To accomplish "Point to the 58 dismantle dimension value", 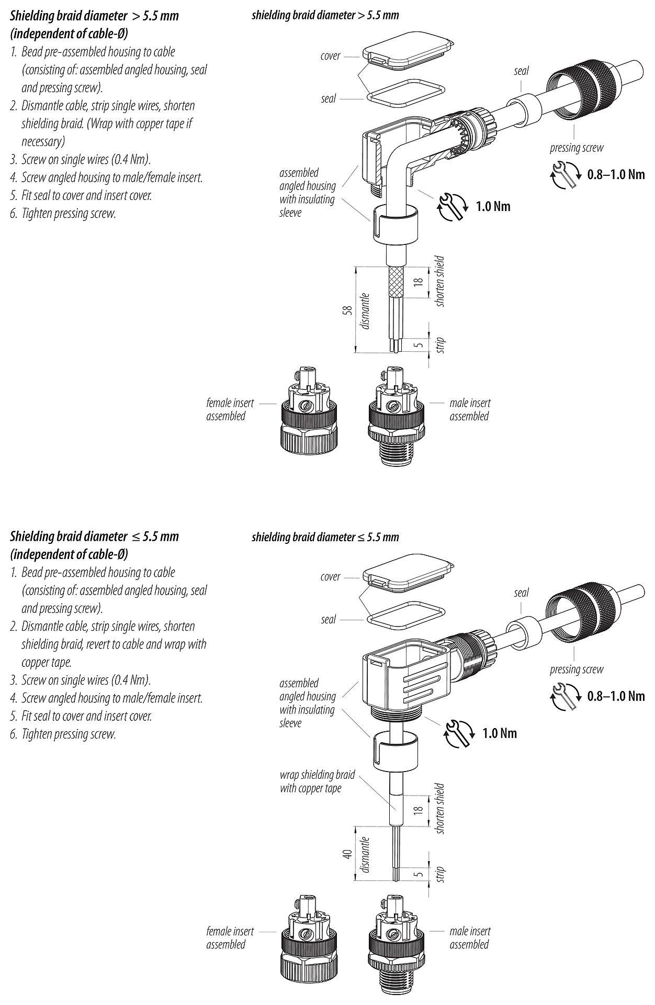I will pos(346,310).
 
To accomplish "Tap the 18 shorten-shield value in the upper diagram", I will pos(418,282).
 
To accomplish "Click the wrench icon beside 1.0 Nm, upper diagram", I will pos(453,206).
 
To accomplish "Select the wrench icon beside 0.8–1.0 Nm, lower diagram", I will pos(564,696).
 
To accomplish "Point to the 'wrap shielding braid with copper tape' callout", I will pos(317,781).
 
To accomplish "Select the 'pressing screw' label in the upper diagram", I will pos(576,148).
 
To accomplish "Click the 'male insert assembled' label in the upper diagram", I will pos(469,409).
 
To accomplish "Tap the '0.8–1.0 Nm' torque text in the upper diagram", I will pos(616,174).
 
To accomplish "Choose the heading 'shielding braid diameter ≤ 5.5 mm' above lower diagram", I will pos(325,537).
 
